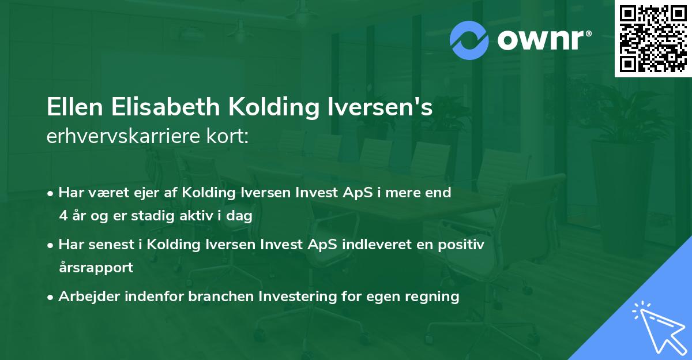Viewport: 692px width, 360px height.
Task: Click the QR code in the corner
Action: coord(653,39)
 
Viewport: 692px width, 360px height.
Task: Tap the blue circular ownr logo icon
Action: coord(469,40)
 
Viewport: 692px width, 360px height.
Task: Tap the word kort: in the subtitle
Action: coord(228,136)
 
